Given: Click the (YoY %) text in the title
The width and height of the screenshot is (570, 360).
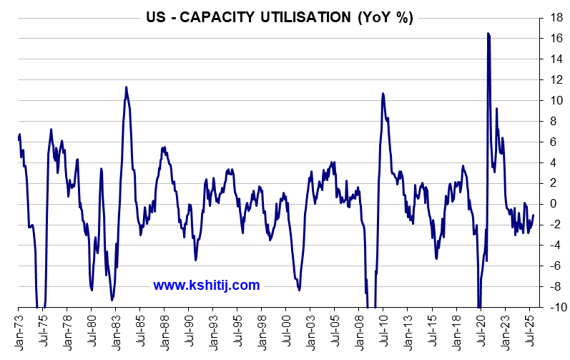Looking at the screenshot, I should [385, 18].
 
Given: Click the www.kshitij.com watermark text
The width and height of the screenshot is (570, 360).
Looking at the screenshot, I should [207, 286].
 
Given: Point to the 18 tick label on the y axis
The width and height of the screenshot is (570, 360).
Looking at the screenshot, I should [551, 17].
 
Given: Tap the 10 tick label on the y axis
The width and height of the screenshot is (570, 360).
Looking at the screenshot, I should [551, 100].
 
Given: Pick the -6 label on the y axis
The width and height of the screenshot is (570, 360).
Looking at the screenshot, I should [551, 266].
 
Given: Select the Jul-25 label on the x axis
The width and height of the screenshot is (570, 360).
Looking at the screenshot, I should [530, 330].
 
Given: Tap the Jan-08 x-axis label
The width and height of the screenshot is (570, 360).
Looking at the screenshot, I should [359, 330].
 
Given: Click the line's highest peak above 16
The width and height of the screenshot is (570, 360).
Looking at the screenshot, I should [488, 34].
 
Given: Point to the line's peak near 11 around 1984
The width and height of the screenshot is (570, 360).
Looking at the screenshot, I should [127, 87].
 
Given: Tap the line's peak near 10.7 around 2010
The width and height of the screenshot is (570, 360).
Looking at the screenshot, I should [383, 93].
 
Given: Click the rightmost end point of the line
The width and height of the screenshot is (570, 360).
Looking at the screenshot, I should [534, 215].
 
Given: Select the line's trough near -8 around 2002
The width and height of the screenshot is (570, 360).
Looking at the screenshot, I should [299, 290].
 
